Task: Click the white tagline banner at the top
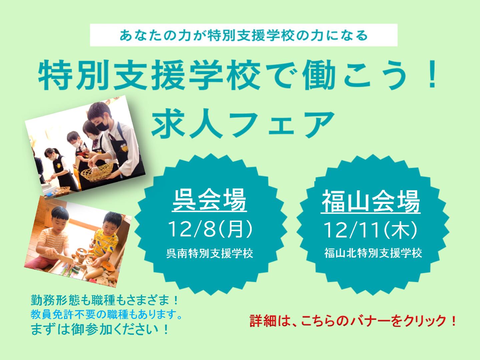(x=244, y=35)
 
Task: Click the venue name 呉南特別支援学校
(x=210, y=254)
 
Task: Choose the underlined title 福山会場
(x=371, y=201)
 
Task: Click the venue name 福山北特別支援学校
(x=373, y=253)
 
